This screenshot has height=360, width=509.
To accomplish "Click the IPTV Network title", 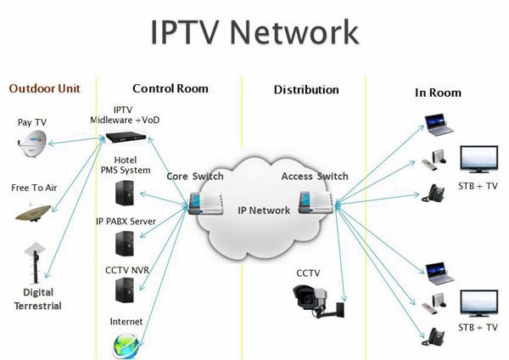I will coord(255,31).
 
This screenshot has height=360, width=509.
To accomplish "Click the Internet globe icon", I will coord(126,343).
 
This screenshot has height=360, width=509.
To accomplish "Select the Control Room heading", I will coord(171,88).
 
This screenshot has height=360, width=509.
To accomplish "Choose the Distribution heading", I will coord(306,89).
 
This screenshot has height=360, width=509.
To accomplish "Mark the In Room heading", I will coord(438,93).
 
